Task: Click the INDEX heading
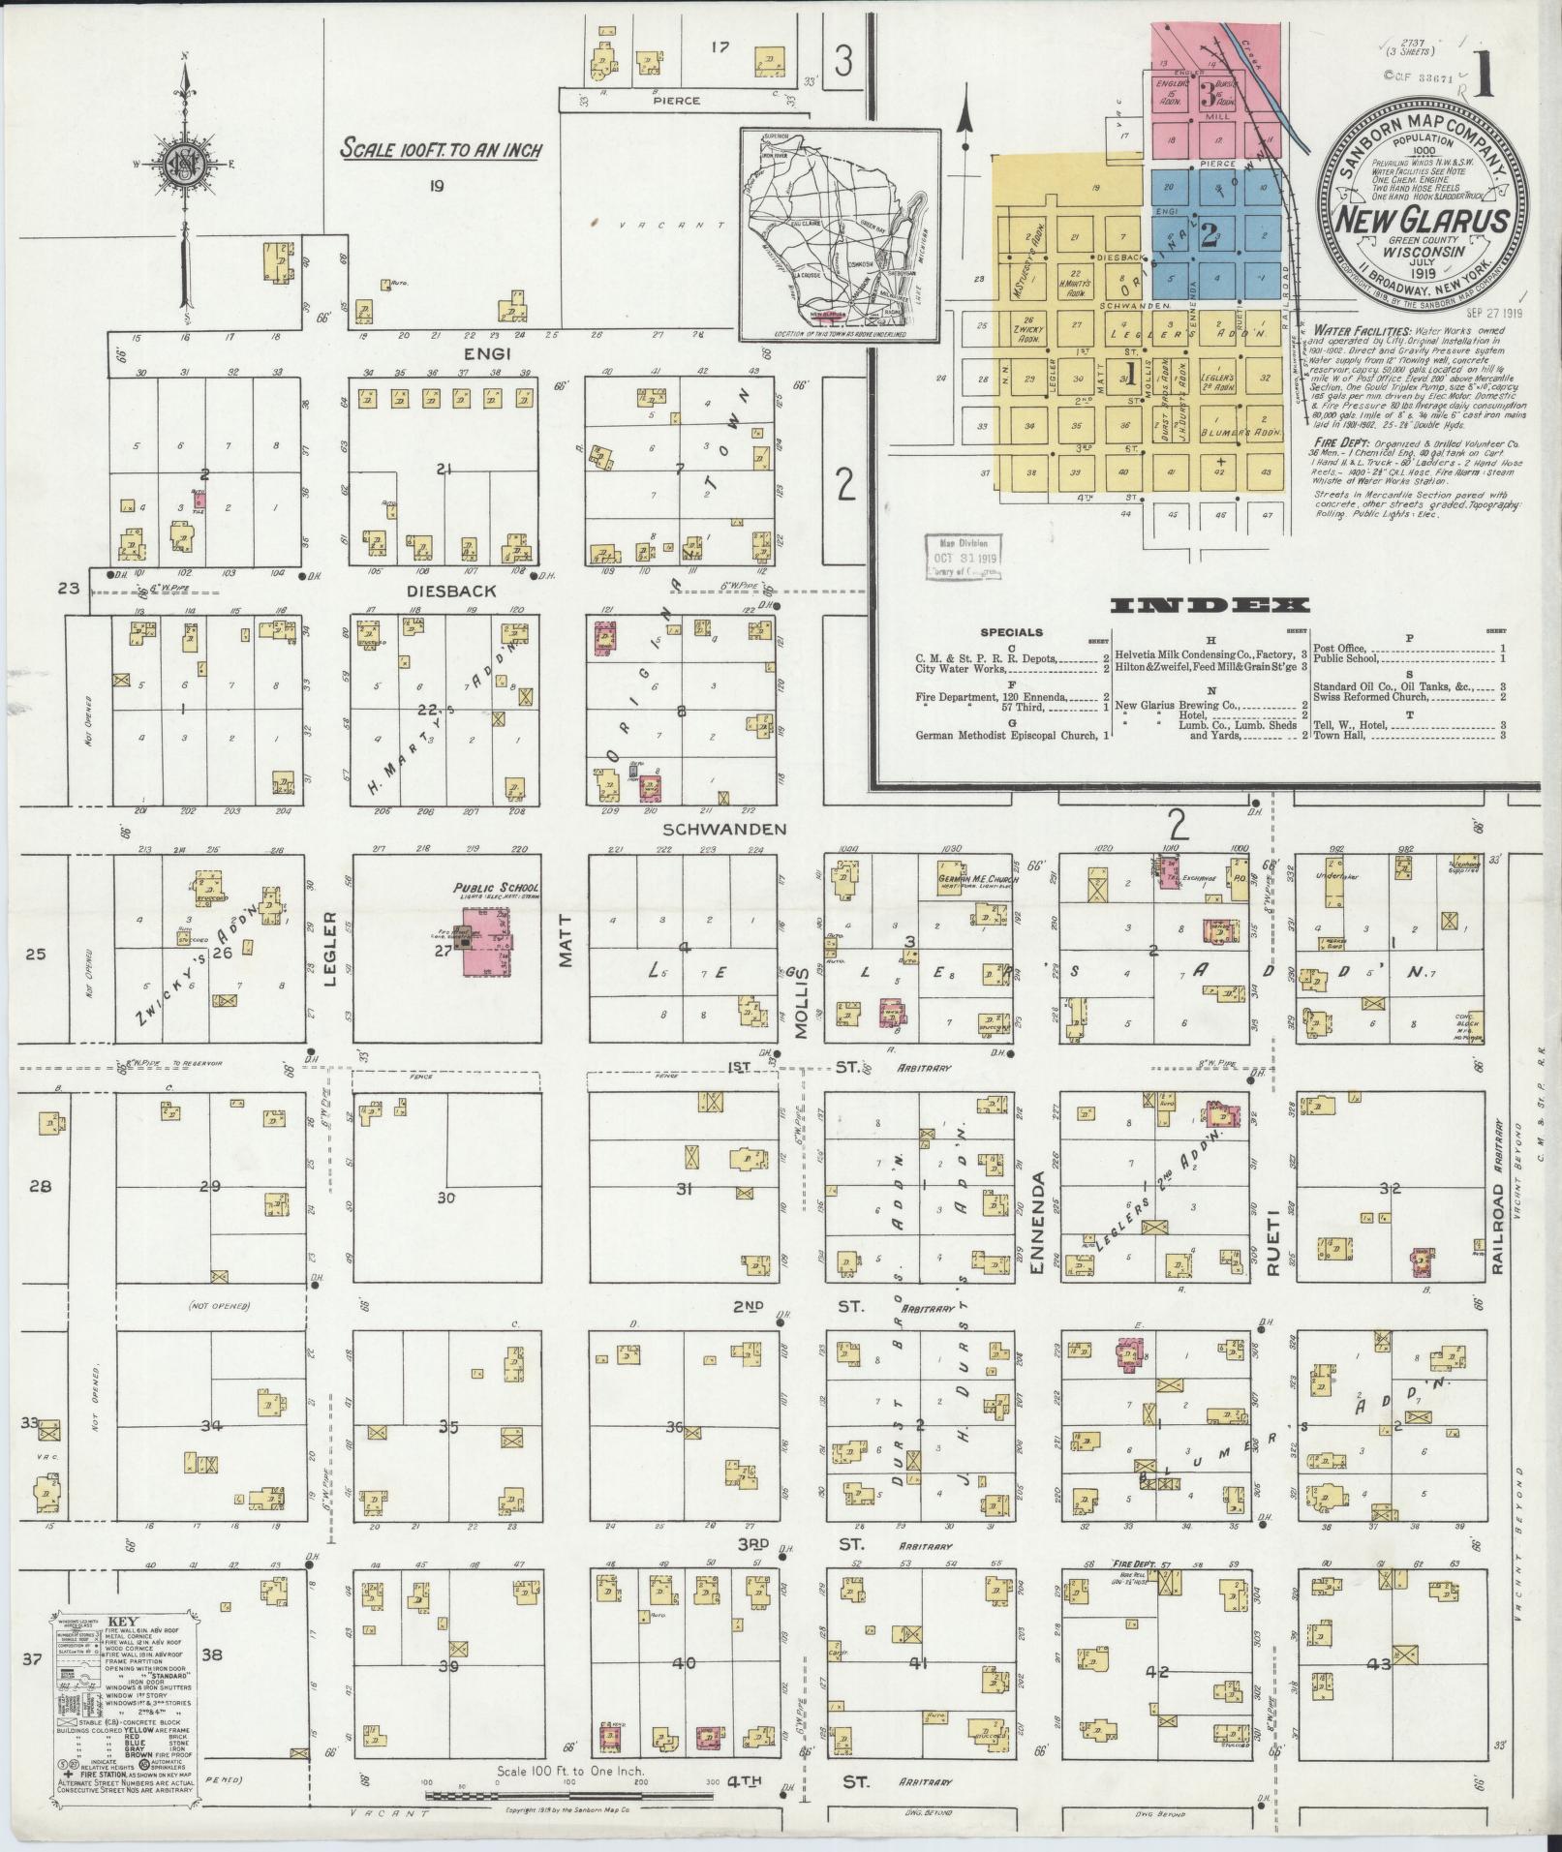tap(1210, 606)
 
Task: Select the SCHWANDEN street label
tap(724, 829)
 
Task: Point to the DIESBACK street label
tap(438, 590)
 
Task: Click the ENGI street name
tap(507, 355)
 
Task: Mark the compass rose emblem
tap(184, 161)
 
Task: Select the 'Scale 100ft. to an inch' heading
tap(441, 149)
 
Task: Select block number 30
tap(445, 1198)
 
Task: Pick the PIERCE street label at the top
tap(675, 100)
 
